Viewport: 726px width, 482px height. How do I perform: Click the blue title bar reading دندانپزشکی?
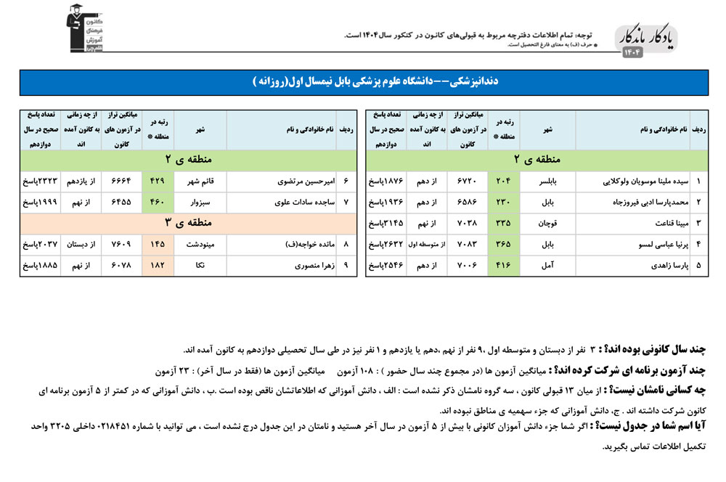[362, 82]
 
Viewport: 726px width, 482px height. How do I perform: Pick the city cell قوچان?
[548, 222]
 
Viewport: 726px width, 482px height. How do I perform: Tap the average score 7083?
[469, 244]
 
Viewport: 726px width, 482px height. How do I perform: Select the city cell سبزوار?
[200, 202]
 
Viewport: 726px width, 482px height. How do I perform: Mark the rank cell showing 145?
[157, 245]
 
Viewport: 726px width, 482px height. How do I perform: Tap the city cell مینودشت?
[200, 245]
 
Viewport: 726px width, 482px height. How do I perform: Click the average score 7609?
[121, 245]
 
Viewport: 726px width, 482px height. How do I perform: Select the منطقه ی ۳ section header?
[189, 223]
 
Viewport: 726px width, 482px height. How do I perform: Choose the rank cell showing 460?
[157, 202]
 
